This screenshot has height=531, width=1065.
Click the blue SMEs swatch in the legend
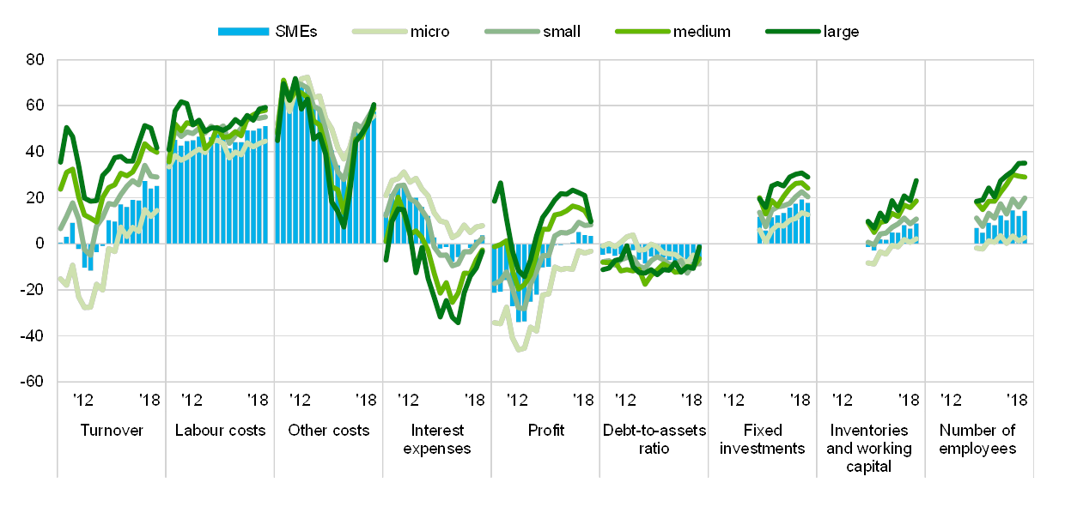pyautogui.click(x=244, y=32)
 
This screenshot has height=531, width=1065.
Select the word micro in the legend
pyautogui.click(x=430, y=32)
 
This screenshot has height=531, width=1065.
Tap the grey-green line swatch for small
pyautogui.click(x=512, y=32)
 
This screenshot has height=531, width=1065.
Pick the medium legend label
pyautogui.click(x=702, y=32)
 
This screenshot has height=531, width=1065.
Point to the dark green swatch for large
pyautogui.click(x=790, y=32)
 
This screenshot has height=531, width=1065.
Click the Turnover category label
pyautogui.click(x=113, y=430)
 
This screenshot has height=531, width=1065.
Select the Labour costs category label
pyautogui.click(x=221, y=430)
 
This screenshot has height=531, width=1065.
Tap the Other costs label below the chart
pyautogui.click(x=329, y=430)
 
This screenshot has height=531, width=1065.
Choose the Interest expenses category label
pyautogui.click(x=437, y=438)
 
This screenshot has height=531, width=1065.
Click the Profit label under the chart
pyautogui.click(x=545, y=430)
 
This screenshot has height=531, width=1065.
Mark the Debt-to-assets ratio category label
pyautogui.click(x=654, y=438)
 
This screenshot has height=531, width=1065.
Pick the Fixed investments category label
pyautogui.click(x=763, y=438)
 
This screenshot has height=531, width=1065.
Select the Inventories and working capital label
pyautogui.click(x=870, y=447)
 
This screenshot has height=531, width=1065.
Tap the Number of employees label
pyautogui.click(x=978, y=438)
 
